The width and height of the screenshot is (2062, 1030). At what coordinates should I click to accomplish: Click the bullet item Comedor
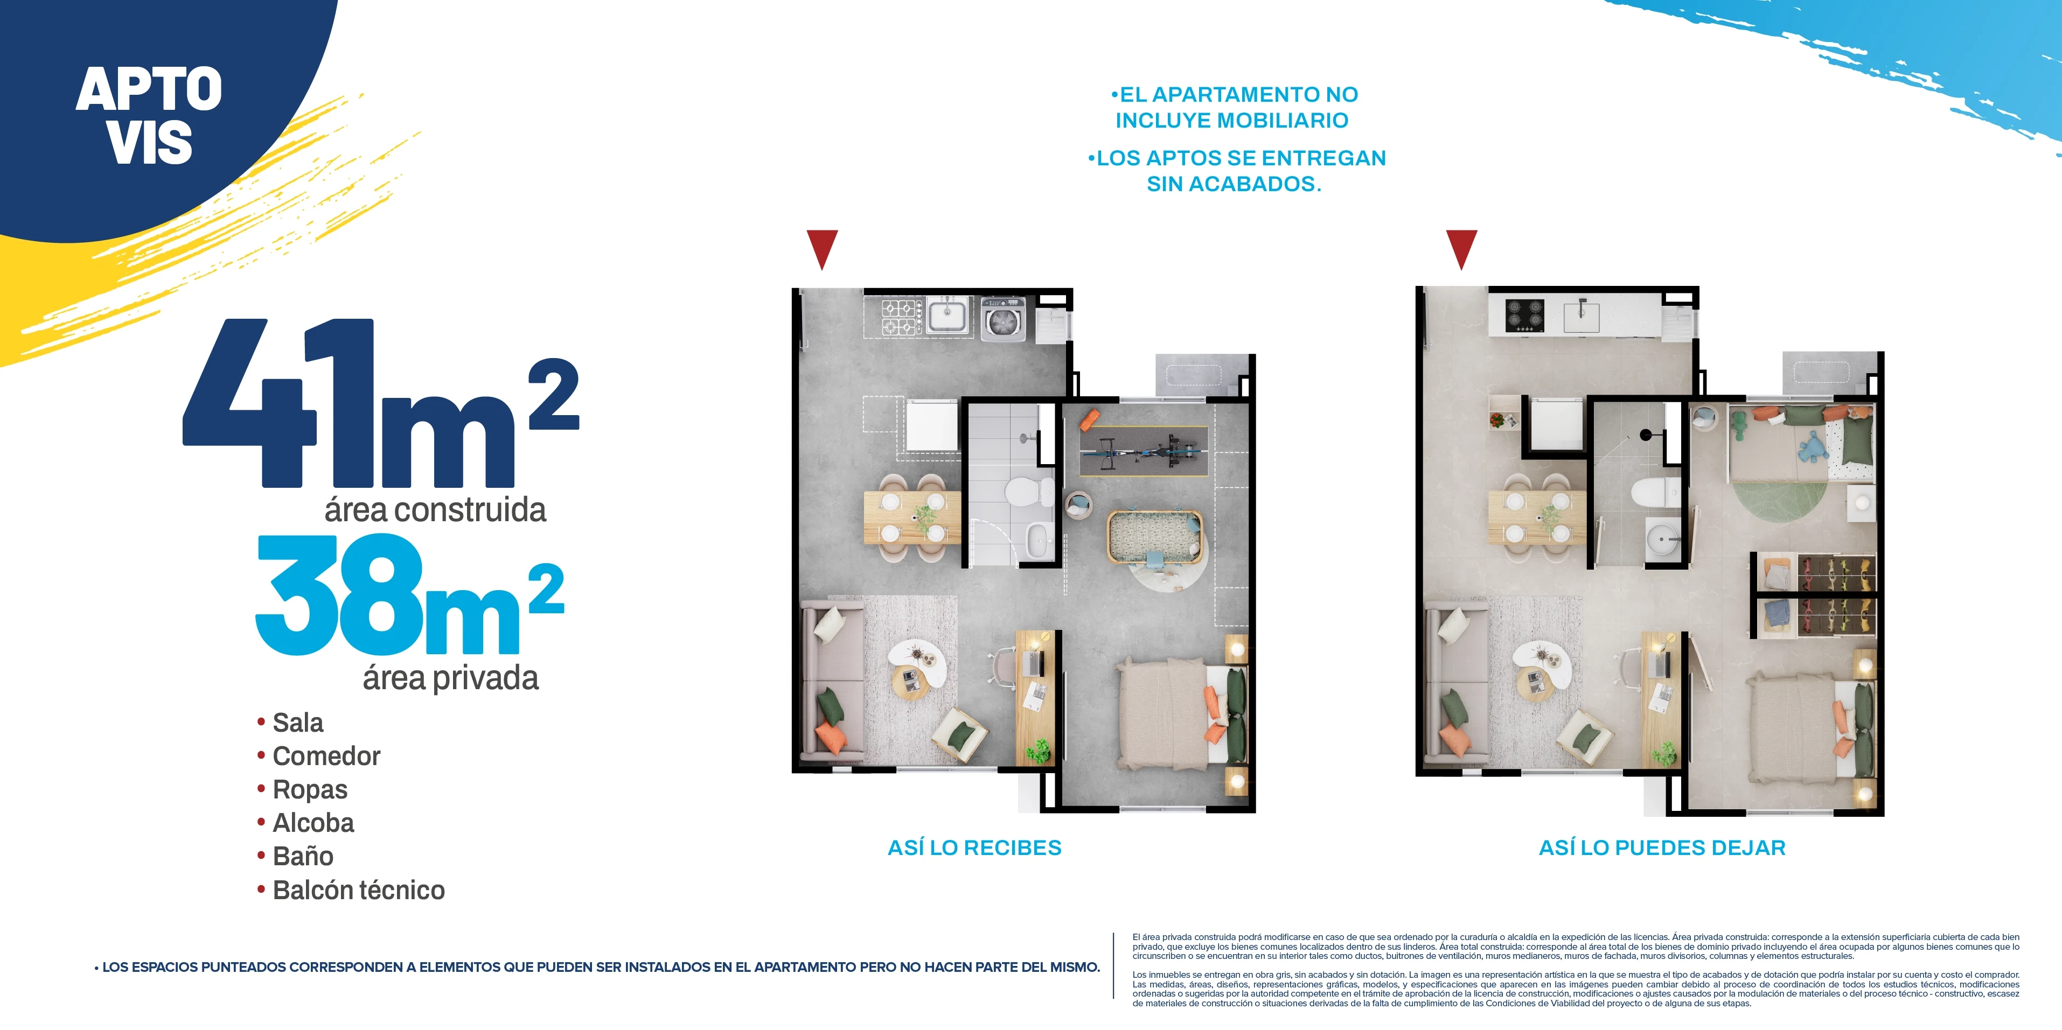pos(326,756)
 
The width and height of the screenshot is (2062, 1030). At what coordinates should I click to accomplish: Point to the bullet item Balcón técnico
pos(358,890)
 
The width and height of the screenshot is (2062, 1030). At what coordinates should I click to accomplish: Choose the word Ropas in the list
pos(310,790)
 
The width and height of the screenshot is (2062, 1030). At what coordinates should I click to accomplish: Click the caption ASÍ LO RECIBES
pos(974,847)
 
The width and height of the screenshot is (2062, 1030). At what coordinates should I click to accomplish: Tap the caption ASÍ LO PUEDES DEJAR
pos(1662,847)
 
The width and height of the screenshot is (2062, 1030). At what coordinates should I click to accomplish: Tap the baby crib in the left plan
pos(1153,536)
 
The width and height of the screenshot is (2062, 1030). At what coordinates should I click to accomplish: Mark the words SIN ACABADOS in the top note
pos(1234,184)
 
